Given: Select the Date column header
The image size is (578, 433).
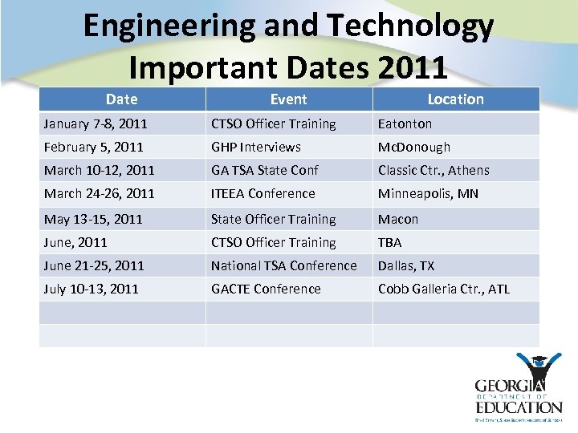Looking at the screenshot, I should pyautogui.click(x=122, y=99).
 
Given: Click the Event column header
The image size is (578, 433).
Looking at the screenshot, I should pyautogui.click(x=288, y=99).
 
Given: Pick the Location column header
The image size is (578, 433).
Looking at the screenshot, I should pyautogui.click(x=455, y=99).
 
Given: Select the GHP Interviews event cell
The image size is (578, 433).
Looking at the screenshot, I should pyautogui.click(x=256, y=148).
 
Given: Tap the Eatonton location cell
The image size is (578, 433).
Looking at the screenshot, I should pyautogui.click(x=405, y=124).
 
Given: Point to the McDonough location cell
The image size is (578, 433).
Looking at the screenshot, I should pyautogui.click(x=414, y=148).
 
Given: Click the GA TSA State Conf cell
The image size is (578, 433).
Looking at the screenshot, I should pyautogui.click(x=265, y=171).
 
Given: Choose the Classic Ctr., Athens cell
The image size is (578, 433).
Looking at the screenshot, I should pyautogui.click(x=433, y=171).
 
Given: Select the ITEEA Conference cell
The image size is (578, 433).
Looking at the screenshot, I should pyautogui.click(x=263, y=194).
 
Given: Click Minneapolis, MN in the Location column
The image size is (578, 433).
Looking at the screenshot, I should pyautogui.click(x=429, y=194).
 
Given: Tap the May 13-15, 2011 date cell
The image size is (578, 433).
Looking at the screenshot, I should pyautogui.click(x=93, y=219).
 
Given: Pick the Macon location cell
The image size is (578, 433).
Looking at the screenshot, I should pyautogui.click(x=398, y=219).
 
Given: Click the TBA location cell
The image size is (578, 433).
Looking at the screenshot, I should pyautogui.click(x=390, y=242).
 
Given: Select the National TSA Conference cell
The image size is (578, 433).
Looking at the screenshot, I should pyautogui.click(x=284, y=265).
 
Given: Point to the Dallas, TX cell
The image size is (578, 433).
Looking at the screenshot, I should pyautogui.click(x=405, y=265).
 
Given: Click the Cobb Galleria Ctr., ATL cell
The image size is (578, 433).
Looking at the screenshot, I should pyautogui.click(x=444, y=289).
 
